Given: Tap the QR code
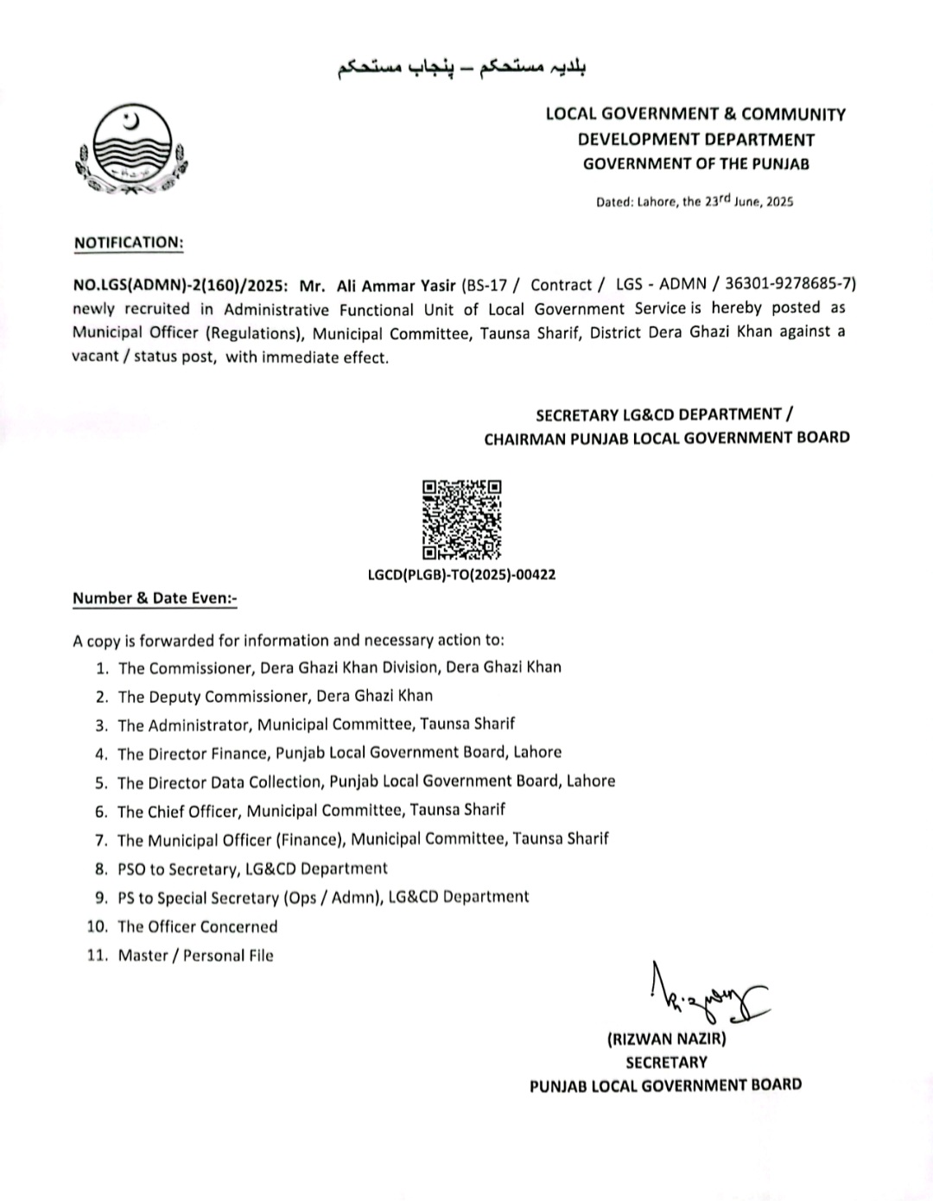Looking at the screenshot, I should (461, 520).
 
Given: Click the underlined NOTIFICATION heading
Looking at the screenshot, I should (128, 243).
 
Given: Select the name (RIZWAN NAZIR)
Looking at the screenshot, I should (666, 1039).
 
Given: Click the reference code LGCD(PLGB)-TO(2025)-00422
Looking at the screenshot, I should (461, 574).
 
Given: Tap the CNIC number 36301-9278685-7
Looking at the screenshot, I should (789, 284).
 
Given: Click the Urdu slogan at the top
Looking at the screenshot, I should (461, 67).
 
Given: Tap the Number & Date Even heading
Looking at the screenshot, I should (155, 597).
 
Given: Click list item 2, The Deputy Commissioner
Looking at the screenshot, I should (275, 696).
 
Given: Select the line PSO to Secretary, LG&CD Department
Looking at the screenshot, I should (252, 869).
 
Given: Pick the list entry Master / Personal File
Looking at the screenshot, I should (195, 955).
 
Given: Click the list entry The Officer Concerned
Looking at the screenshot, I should (198, 926).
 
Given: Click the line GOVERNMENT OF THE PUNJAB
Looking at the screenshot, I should (695, 164).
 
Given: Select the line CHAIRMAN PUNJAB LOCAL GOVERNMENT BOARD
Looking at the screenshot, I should (666, 438).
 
